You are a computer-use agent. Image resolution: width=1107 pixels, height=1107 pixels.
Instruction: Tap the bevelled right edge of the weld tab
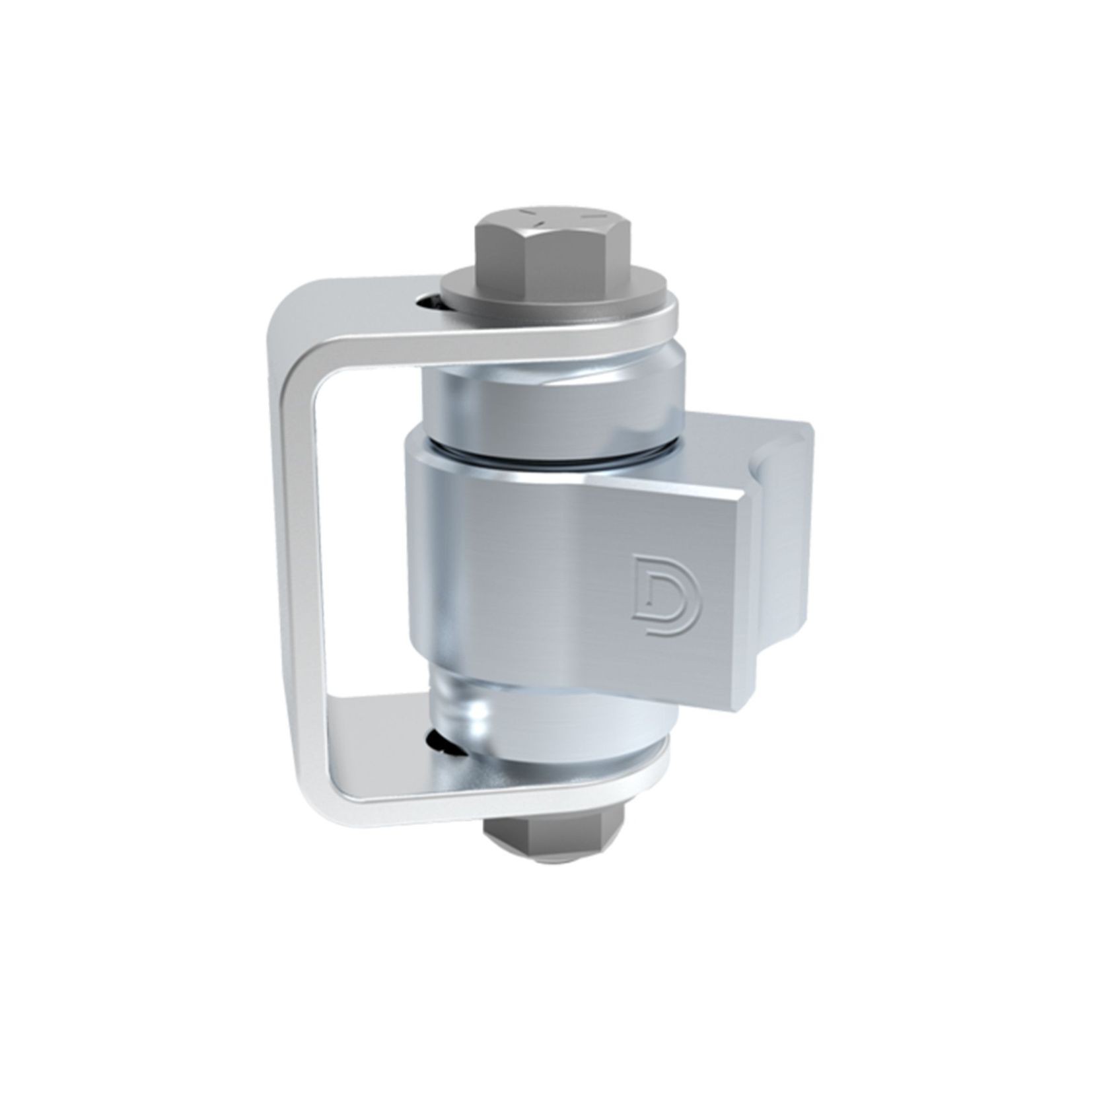pyautogui.click(x=746, y=594)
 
